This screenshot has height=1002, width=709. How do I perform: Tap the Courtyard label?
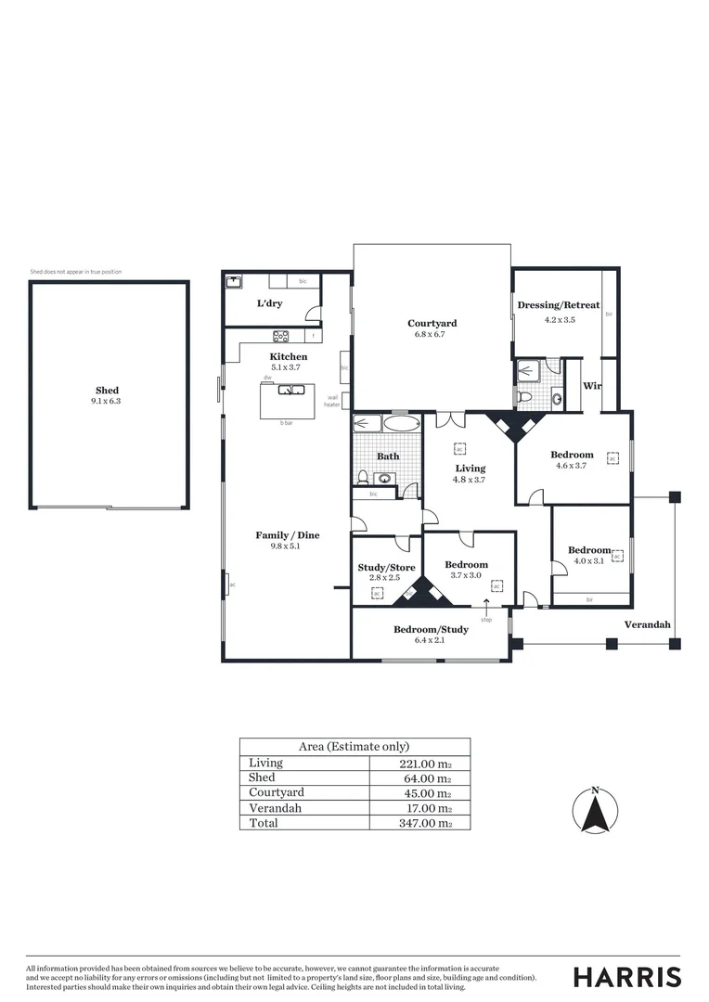(432, 324)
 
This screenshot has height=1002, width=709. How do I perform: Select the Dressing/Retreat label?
(558, 305)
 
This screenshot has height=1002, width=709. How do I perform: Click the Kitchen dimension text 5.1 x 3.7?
(288, 367)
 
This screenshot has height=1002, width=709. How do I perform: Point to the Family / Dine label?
(287, 535)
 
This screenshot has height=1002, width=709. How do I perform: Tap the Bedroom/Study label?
(431, 629)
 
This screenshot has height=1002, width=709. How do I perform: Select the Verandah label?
(646, 624)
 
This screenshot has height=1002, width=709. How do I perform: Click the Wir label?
(591, 385)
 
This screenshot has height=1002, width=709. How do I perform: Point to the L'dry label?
(269, 303)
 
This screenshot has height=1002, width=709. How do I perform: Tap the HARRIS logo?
(626, 976)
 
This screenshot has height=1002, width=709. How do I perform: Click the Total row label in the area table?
(263, 823)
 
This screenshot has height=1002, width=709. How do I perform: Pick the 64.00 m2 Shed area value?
(427, 778)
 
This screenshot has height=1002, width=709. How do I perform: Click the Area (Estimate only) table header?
(354, 746)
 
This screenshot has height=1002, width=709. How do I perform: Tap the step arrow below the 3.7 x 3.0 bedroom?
(486, 608)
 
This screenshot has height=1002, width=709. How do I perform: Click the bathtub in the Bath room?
(401, 425)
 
